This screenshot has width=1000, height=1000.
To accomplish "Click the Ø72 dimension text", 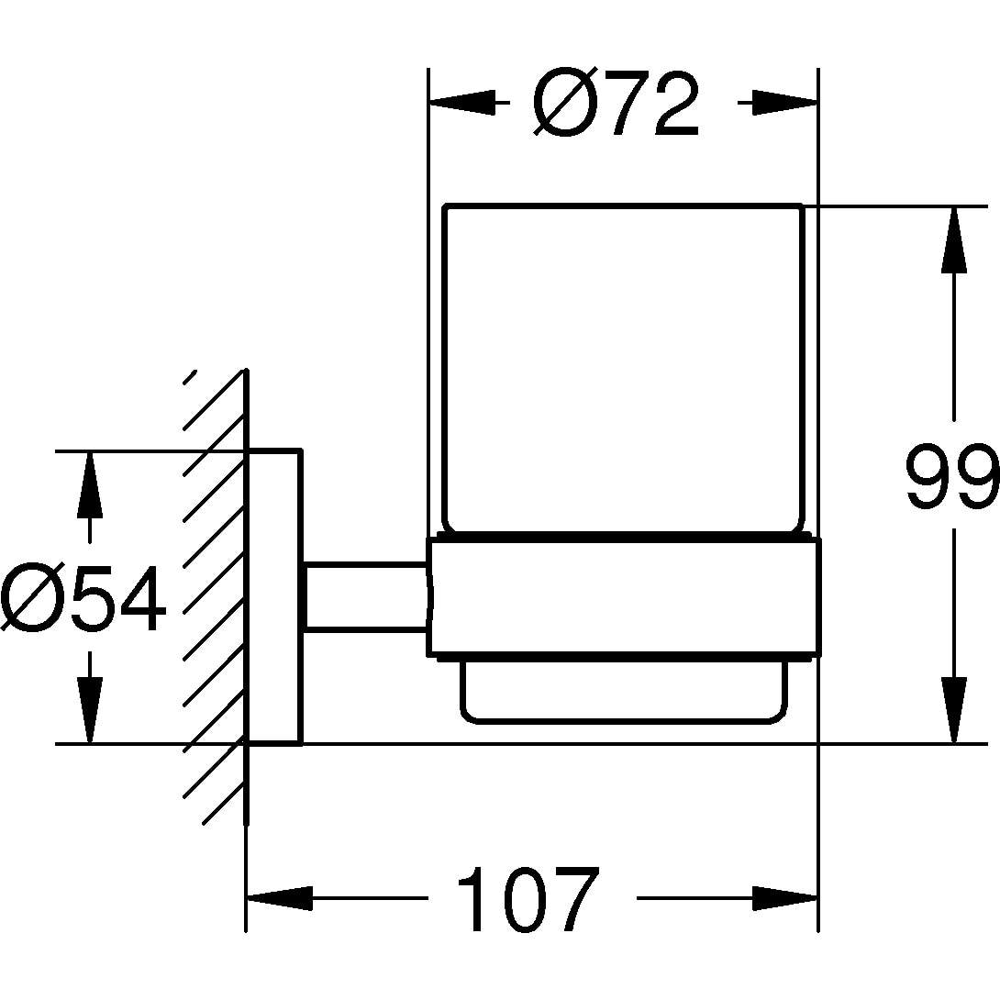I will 617,103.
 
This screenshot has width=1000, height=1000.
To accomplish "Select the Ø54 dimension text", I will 84,601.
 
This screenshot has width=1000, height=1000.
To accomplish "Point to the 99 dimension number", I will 950,477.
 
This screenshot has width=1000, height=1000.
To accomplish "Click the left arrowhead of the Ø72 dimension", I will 459,103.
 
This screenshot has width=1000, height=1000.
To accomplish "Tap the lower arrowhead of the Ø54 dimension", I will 89,712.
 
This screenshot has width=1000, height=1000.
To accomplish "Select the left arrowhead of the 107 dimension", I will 279,898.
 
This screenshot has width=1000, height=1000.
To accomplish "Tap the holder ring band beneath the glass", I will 624,598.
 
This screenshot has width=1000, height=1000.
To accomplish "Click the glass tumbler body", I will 622,367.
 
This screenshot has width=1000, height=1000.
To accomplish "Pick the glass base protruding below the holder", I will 624,690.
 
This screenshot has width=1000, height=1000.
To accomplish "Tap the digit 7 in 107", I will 571,898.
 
